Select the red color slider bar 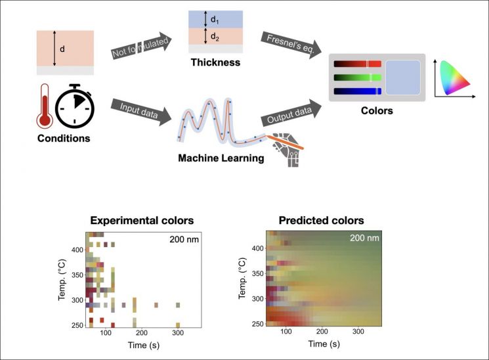point(357,64)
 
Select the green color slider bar point(357,78)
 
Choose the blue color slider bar point(357,91)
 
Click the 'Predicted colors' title point(321,220)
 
